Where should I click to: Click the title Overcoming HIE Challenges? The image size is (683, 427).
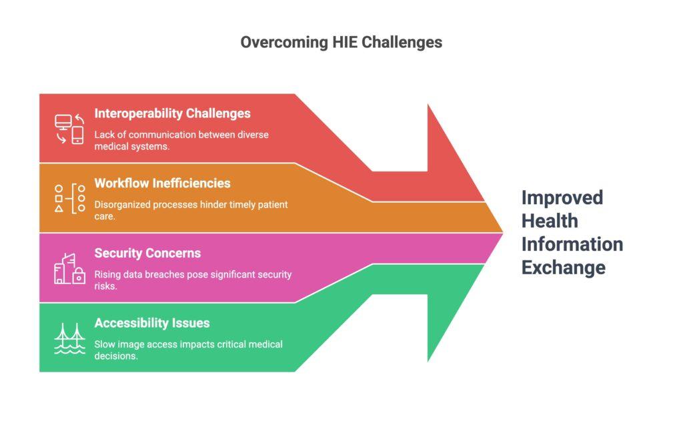(341, 42)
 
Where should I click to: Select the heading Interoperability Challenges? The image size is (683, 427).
(172, 113)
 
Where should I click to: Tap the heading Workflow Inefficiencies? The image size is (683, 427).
(162, 183)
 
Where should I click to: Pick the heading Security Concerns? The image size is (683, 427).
(147, 253)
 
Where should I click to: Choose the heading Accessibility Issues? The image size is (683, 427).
(152, 323)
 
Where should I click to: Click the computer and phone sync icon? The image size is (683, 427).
(69, 129)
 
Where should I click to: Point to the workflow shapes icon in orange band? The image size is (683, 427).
(69, 198)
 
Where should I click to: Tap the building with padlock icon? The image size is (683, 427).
(69, 268)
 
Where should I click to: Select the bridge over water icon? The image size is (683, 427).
(69, 338)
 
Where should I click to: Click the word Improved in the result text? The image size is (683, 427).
(562, 198)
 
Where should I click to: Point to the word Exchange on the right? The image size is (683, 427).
(564, 268)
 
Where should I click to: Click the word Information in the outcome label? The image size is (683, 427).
(572, 244)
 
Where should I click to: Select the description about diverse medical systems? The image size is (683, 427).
(181, 140)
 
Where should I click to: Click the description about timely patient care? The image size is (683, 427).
(191, 210)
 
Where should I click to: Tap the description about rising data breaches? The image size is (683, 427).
(193, 280)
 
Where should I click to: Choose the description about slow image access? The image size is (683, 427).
(188, 350)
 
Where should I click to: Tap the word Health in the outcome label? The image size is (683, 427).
(549, 221)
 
